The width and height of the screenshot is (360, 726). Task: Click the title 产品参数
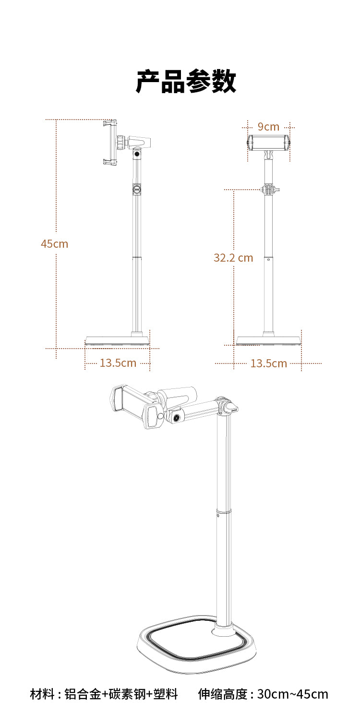tap(186, 81)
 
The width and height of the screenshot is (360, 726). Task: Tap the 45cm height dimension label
tap(54, 244)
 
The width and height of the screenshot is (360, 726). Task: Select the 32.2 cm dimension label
tap(233, 258)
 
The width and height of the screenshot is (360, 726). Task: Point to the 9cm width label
tap(268, 126)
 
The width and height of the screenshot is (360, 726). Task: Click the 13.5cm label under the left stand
tap(118, 363)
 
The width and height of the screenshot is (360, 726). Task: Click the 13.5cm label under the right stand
tap(269, 363)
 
